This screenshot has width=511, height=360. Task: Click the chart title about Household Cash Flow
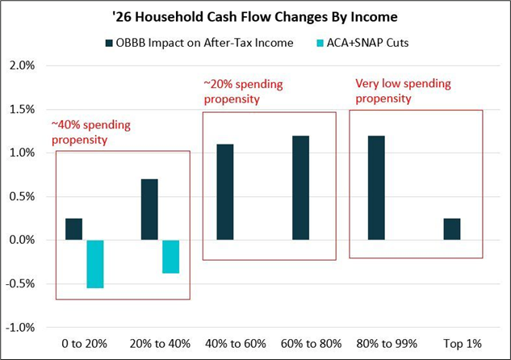[255, 17]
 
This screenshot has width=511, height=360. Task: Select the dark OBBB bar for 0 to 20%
[73, 229]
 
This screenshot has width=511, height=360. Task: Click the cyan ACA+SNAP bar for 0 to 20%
[95, 264]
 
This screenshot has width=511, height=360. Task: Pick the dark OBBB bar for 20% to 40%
[149, 210]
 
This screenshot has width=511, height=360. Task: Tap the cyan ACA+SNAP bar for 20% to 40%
[170, 257]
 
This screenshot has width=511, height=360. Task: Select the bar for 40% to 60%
[225, 192]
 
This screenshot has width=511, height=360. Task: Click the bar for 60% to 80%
[300, 188]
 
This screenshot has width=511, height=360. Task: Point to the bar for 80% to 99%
[376, 188]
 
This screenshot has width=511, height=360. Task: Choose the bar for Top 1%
[451, 229]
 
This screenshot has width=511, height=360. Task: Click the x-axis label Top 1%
[451, 343]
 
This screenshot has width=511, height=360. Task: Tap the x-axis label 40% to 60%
[225, 343]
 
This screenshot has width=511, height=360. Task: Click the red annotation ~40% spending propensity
[91, 132]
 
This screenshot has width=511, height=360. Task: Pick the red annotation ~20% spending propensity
[243, 91]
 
